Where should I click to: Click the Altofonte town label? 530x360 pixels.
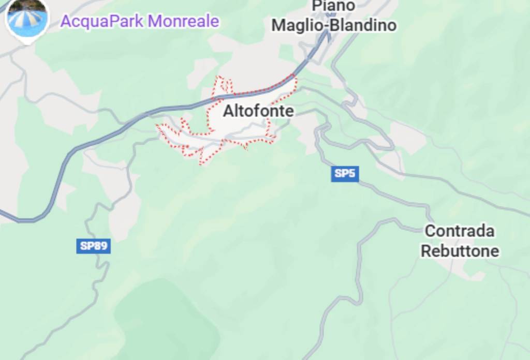[x=258, y=111]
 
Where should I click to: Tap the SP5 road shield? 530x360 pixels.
[x=345, y=174]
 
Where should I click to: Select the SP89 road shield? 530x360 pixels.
[x=94, y=246]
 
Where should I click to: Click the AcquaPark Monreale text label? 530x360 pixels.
[x=139, y=22]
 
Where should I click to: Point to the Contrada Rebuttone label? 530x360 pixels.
[x=460, y=241]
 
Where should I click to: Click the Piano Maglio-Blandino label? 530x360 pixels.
[x=334, y=16]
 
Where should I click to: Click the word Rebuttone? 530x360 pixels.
[x=460, y=251]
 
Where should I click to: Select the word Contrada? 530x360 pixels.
[x=460, y=231]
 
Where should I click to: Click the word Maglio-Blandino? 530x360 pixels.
[x=334, y=25]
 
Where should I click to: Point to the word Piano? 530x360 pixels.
[x=334, y=6]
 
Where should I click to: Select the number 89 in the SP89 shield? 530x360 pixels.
[x=100, y=246]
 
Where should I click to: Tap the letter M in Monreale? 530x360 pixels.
[x=154, y=22]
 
